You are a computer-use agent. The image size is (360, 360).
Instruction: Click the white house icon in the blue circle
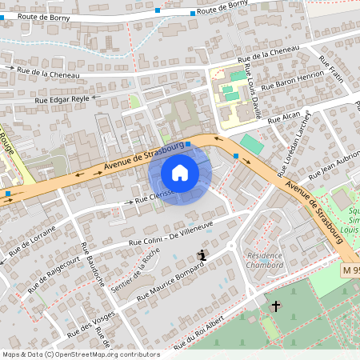coord(180,173)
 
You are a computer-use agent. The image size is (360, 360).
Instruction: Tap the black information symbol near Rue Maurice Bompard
coord(202,255)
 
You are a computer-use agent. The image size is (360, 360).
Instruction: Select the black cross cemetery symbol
coord(276,306)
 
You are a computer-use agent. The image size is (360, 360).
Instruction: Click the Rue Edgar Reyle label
coord(61,99)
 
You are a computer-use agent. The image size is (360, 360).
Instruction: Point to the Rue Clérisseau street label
coord(152,198)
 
